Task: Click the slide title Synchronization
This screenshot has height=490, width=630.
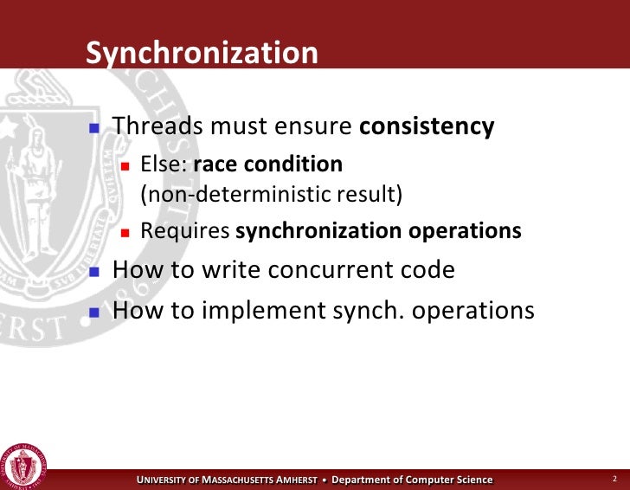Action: (x=202, y=54)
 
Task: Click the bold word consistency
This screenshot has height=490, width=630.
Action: (x=427, y=126)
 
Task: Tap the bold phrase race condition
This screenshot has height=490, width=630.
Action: (x=268, y=164)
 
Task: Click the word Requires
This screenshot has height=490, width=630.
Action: (x=185, y=231)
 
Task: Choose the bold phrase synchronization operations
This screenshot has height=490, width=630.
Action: (x=378, y=231)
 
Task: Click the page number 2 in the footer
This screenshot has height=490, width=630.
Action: (x=614, y=479)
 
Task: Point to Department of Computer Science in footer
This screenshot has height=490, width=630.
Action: (x=413, y=480)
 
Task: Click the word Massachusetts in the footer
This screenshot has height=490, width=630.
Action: (x=237, y=480)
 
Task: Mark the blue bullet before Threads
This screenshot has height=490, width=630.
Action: (x=95, y=128)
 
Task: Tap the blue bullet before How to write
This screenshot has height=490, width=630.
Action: (x=95, y=271)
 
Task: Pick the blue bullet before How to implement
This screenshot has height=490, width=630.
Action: (x=95, y=311)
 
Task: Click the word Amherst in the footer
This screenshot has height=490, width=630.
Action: (x=297, y=480)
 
